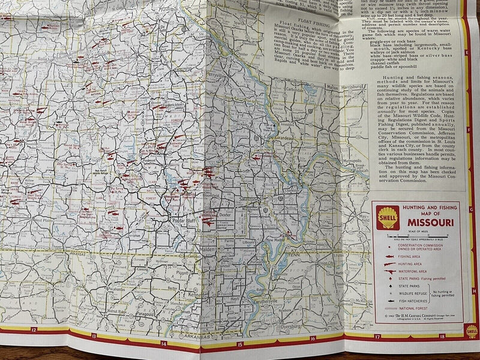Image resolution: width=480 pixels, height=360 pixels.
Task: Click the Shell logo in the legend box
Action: point(388,218)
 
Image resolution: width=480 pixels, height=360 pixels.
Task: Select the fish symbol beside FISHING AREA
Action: point(386,256)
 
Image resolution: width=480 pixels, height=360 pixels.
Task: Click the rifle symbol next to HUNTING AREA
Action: point(386,263)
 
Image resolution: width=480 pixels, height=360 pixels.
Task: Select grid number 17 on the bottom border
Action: point(377,337)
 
